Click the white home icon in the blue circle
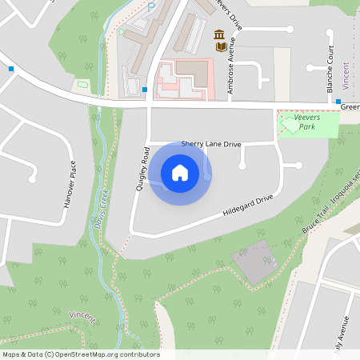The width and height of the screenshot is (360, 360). click(180, 173)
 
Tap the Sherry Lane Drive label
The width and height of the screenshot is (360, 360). click(211, 144)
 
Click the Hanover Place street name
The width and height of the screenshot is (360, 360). click(70, 183)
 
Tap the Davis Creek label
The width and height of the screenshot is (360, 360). click(101, 212)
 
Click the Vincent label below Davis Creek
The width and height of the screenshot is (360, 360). click(82, 318)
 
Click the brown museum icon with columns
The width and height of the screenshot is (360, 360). click(218, 34)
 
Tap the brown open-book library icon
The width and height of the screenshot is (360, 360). click(220, 47)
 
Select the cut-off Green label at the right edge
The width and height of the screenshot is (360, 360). click(350, 106)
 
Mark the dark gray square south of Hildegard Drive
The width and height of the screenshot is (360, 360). click(254, 261)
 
